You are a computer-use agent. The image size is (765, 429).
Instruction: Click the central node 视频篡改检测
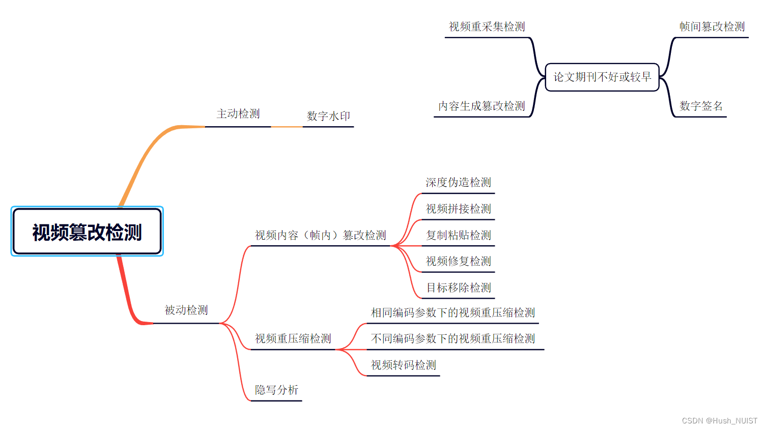click(x=87, y=232)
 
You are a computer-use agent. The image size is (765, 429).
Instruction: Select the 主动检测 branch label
click(x=238, y=114)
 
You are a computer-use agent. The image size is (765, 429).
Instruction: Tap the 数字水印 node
click(x=328, y=116)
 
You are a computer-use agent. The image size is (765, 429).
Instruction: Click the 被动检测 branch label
click(x=186, y=310)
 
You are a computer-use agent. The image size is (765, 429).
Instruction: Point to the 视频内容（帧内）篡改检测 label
click(x=320, y=236)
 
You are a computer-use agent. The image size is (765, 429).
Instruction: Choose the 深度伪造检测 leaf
click(x=458, y=183)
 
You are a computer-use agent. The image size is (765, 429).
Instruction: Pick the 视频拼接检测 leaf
click(x=458, y=209)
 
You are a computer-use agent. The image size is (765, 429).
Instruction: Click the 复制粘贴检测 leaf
click(x=458, y=236)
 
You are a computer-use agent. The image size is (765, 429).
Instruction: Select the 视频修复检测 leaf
click(x=458, y=262)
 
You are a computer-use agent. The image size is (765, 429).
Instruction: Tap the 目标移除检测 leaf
click(x=458, y=288)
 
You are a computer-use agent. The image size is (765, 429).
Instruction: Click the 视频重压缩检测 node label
click(x=293, y=339)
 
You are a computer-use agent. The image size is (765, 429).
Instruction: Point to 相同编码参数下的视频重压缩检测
click(x=452, y=313)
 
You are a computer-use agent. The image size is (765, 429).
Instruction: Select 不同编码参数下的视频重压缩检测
click(x=452, y=339)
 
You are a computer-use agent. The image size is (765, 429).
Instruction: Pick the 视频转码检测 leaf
click(x=403, y=365)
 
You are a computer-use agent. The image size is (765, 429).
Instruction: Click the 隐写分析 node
click(x=276, y=390)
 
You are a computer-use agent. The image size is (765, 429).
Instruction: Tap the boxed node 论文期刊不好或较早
click(x=602, y=77)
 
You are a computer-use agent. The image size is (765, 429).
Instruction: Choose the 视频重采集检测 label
click(x=487, y=27)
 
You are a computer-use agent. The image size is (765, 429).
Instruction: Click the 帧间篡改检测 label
click(x=712, y=27)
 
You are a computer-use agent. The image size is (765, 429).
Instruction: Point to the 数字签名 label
click(x=701, y=106)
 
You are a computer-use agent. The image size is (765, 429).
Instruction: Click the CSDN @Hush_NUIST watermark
click(x=719, y=421)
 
